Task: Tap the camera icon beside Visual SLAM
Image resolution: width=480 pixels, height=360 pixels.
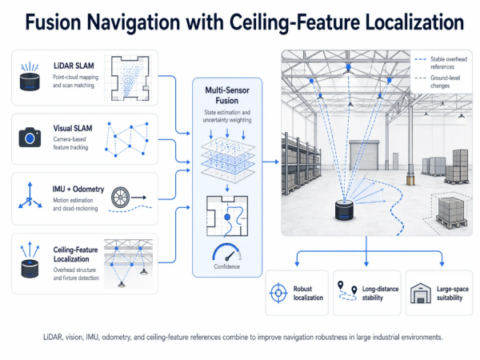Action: tap(30, 138)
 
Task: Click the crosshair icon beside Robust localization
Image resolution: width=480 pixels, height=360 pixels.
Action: tap(278, 291)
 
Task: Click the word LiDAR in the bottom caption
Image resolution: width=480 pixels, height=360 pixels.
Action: tap(51, 337)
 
